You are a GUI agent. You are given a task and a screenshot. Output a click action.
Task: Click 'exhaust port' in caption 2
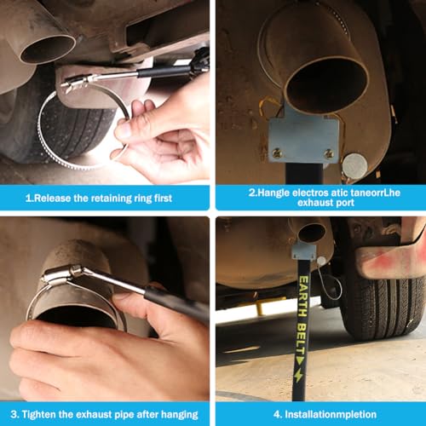point(325,203)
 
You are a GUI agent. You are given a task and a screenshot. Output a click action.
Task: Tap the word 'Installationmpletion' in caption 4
point(331,414)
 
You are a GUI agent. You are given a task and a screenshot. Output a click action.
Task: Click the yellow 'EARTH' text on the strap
point(303,296)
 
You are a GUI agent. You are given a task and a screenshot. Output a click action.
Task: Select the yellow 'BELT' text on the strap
point(302,339)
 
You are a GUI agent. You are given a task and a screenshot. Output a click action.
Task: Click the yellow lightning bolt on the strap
point(299,376)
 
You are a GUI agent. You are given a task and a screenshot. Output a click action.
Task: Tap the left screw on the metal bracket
point(277,153)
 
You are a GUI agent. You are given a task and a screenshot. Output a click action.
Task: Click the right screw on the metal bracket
point(329,153)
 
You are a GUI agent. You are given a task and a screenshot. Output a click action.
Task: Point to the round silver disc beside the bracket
point(354,166)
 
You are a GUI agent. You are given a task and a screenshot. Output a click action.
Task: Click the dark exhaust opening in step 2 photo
point(326,85)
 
